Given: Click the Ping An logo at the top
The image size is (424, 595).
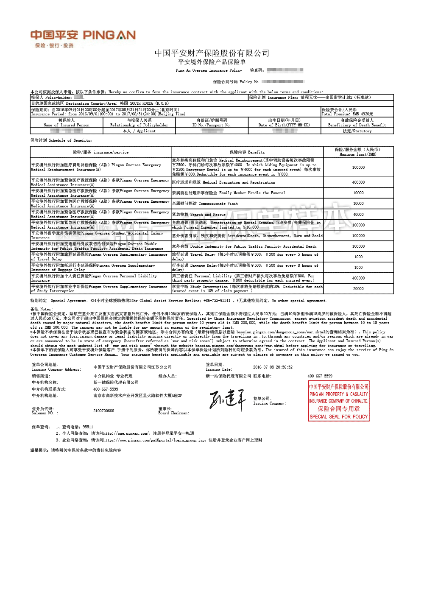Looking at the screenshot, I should [83, 38].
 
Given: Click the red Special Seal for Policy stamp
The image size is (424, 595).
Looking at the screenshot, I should [338, 401].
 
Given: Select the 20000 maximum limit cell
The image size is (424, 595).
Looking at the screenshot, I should [358, 289].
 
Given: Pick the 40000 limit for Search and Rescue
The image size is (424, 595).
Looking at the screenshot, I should [358, 215].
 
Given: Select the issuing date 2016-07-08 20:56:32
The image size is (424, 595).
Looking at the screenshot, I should [273, 367].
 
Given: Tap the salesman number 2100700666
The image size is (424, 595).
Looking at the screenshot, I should [103, 411].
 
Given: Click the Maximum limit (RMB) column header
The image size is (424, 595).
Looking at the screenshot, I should [358, 152].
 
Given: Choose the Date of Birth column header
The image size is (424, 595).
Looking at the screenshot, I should [284, 123].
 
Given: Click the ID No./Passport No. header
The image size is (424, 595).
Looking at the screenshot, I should [212, 123].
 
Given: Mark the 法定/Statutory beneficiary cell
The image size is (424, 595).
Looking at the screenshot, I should [357, 131].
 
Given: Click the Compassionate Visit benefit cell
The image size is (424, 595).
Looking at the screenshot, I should [205, 204].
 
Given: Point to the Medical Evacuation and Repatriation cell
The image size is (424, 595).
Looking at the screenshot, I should [223, 182].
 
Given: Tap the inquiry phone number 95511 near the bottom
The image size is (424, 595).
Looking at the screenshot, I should [88, 427].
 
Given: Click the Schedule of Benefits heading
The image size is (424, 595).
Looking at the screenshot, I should [61, 140].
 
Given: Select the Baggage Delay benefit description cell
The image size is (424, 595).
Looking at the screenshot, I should [245, 268].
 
